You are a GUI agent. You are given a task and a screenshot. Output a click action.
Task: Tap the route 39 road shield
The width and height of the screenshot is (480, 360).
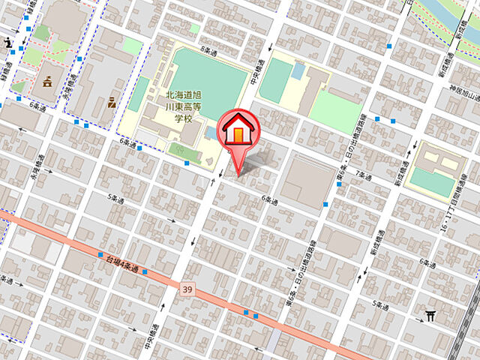pos(187,287)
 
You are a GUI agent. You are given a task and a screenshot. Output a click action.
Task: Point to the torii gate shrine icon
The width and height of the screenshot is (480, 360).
pos(430,316)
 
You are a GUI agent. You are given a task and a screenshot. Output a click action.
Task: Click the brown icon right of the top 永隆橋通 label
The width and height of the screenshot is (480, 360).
pos(112,100)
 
